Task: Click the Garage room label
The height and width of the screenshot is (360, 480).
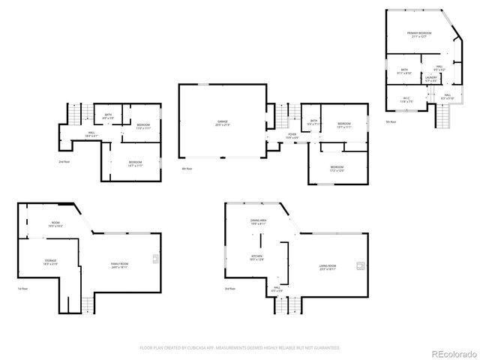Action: [223, 123]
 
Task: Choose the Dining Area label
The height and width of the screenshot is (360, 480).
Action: [259, 221]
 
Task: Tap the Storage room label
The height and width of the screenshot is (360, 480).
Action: [50, 262]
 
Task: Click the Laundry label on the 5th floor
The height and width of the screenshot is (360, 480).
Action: [431, 78]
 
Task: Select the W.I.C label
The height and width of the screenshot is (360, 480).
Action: [406, 98]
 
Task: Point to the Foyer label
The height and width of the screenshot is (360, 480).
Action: [292, 136]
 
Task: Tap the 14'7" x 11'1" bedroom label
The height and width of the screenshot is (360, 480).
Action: [135, 163]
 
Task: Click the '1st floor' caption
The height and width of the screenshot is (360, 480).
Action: [22, 289]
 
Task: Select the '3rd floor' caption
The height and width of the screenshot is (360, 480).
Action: [229, 289]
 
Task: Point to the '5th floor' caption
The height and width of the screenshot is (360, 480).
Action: [390, 121]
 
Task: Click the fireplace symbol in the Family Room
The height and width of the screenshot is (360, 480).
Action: [156, 259]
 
